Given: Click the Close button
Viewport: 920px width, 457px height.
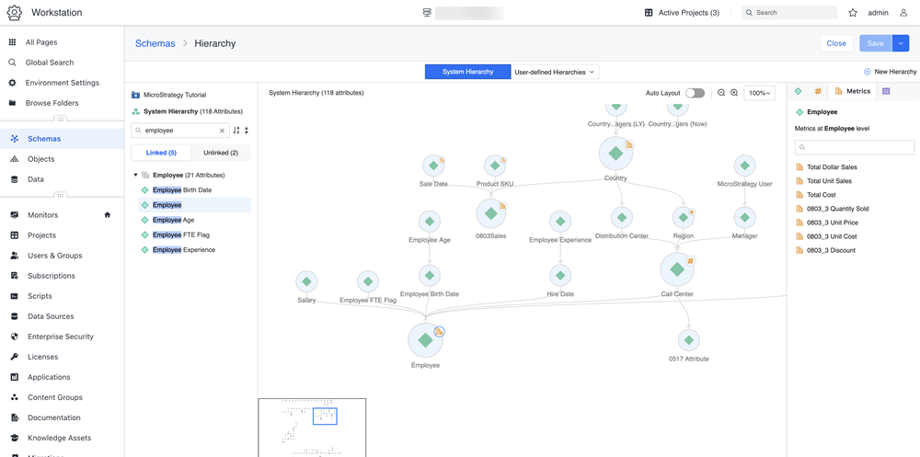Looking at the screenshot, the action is tap(836, 43).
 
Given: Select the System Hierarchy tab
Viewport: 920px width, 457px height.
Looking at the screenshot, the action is tap(467, 72).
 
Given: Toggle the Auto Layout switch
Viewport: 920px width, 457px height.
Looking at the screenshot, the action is tap(695, 93).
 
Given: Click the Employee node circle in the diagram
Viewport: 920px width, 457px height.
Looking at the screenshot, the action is tap(425, 340).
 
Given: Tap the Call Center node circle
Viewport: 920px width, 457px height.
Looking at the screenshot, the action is tap(677, 269).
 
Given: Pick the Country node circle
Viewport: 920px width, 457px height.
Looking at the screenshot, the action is tap(615, 154).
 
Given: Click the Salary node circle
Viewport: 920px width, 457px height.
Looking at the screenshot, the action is tap(306, 281).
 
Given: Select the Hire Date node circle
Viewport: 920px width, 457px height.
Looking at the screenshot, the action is tap(559, 275).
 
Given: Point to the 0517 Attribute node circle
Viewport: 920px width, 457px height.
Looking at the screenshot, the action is tap(689, 340).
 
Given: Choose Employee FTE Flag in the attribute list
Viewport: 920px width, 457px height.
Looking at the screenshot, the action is tap(180, 234).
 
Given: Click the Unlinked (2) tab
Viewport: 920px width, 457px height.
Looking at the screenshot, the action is tap(221, 154).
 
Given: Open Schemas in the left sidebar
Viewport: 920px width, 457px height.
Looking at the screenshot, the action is tap(44, 139).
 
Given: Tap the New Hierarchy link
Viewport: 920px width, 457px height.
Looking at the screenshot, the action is tap(890, 72).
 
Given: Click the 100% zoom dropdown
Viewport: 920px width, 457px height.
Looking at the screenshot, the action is tap(759, 93).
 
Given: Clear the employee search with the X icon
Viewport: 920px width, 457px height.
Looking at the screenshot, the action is tap(222, 131).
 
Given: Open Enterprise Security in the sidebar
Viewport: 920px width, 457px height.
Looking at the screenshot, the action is tap(61, 337).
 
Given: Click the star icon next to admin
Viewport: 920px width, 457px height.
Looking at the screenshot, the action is tap(853, 12).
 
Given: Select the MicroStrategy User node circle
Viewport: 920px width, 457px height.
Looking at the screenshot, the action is tap(744, 166).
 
